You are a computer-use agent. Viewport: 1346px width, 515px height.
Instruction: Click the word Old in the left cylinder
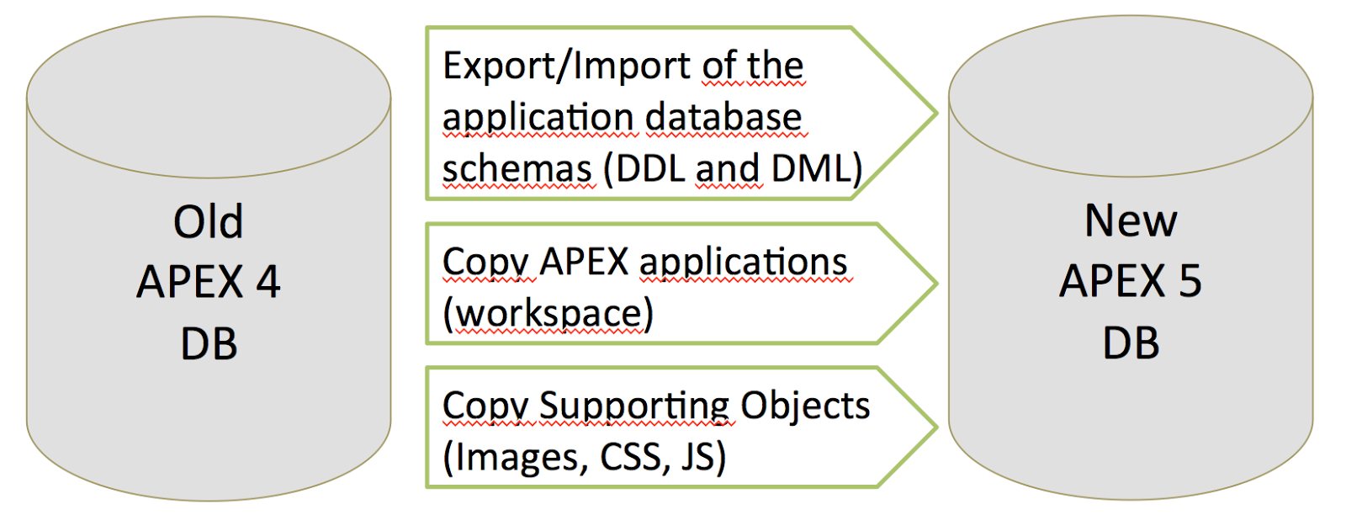pos(209,222)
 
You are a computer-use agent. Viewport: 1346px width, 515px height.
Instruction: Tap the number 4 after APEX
pos(268,282)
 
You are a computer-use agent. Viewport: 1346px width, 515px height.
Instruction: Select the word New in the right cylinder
pos(1131,221)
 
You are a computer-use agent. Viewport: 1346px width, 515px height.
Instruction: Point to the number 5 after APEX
pos(1190,281)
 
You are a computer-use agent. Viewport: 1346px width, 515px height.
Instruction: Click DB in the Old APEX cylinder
pos(209,344)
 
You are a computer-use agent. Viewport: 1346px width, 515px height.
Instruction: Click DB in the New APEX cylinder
pos(1131,343)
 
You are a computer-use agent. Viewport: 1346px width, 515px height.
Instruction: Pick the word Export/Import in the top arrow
pos(538,66)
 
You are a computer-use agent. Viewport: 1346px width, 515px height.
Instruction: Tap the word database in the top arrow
pos(724,117)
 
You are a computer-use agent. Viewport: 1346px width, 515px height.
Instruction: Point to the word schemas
pos(517,169)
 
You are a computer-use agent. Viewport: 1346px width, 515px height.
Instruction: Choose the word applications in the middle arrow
pos(744,263)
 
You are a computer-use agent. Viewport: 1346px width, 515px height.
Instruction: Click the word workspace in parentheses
pos(548,314)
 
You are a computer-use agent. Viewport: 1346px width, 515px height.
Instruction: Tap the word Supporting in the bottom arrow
pos(634,406)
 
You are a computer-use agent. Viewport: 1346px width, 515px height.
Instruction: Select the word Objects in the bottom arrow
pos(805,406)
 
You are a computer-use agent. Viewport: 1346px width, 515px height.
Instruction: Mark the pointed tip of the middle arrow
pos(934,284)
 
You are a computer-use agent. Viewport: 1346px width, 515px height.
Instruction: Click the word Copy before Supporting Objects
pos(485,406)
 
